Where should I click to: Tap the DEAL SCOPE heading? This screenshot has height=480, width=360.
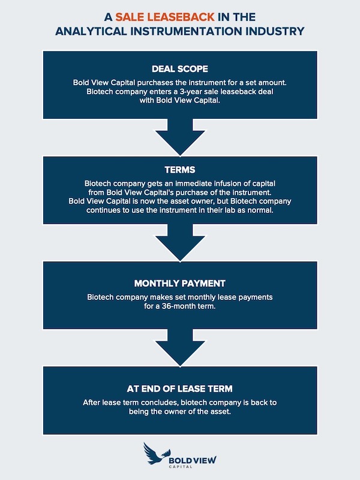(180, 68)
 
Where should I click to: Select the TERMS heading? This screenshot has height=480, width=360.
(180, 170)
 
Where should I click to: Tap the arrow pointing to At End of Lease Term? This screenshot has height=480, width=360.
(180, 348)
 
